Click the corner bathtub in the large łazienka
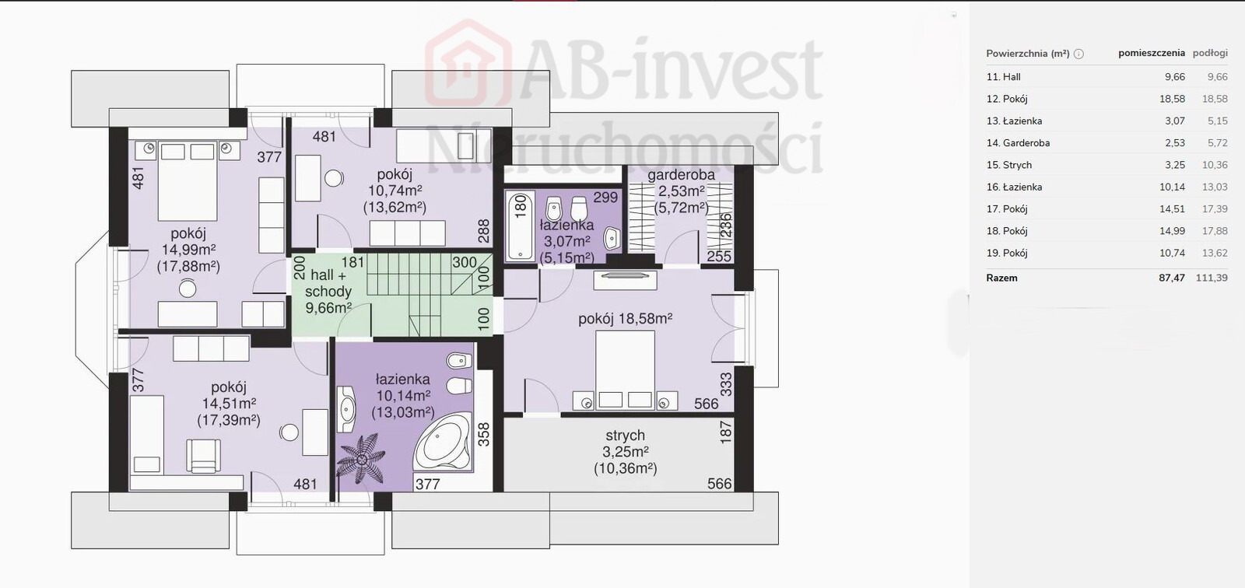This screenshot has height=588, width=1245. (x=443, y=443)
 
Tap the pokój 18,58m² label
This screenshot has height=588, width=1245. (x=626, y=319)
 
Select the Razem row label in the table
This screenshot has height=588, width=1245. (x=1001, y=278)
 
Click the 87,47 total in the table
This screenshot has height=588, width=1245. (x=1172, y=278)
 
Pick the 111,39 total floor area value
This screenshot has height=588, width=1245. (x=1212, y=278)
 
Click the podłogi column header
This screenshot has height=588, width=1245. (x=1210, y=54)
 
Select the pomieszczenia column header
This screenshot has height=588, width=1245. (x=1152, y=54)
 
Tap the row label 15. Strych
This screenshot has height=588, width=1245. (x=1008, y=165)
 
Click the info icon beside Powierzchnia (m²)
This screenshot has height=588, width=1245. (x=1078, y=54)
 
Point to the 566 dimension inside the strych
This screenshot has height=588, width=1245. (x=719, y=484)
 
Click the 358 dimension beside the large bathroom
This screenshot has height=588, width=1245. (x=483, y=435)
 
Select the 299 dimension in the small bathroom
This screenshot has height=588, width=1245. (x=605, y=198)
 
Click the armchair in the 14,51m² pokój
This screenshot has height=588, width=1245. (x=203, y=455)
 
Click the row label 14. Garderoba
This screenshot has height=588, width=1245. (x=1018, y=143)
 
